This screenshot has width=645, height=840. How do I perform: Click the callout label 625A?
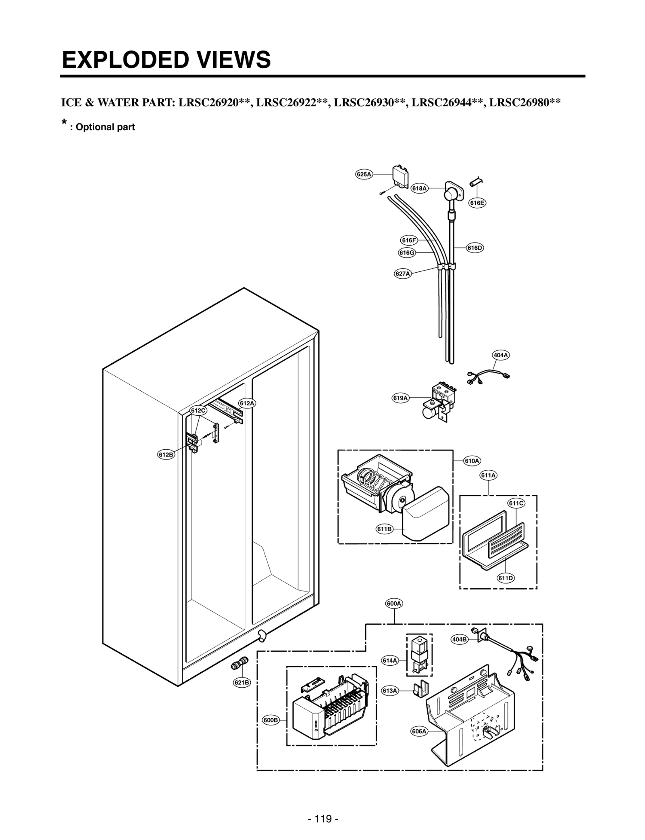pyautogui.click(x=364, y=174)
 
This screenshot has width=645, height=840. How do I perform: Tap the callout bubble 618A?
pyautogui.click(x=419, y=188)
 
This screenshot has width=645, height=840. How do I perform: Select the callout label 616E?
pyautogui.click(x=477, y=203)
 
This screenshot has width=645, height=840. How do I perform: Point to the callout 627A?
pyautogui.click(x=402, y=274)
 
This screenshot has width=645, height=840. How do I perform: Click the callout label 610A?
pyautogui.click(x=472, y=461)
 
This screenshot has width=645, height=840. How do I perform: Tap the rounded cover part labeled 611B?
pyautogui.click(x=425, y=513)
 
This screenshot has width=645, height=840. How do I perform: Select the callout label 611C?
pyautogui.click(x=516, y=503)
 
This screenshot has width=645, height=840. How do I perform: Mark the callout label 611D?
pyautogui.click(x=506, y=578)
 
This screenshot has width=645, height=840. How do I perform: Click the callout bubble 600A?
pyautogui.click(x=394, y=604)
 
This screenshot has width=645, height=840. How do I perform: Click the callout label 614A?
pyautogui.click(x=389, y=661)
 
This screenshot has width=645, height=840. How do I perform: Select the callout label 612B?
pyautogui.click(x=166, y=455)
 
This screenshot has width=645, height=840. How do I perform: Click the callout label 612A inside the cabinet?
pyautogui.click(x=247, y=403)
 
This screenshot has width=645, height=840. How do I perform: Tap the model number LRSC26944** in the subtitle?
pyautogui.click(x=447, y=102)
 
